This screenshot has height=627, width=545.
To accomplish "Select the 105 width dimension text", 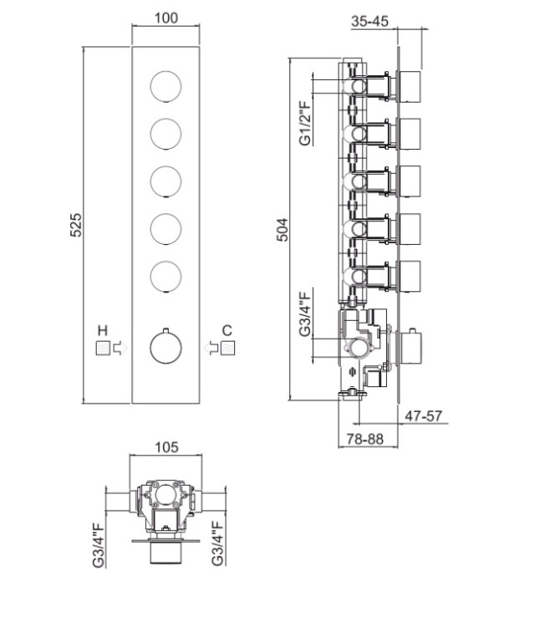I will [x=167, y=447].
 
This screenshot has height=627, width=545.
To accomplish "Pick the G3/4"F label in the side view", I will [x=305, y=313].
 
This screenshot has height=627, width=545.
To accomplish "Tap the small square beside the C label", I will [x=228, y=346].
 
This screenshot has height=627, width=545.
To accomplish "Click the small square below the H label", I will [x=103, y=347].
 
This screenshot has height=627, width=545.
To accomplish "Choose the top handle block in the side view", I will [x=412, y=84].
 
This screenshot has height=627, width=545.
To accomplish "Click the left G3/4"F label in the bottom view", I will [x=99, y=544].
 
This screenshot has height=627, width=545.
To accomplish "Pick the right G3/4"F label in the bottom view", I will [x=217, y=544].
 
